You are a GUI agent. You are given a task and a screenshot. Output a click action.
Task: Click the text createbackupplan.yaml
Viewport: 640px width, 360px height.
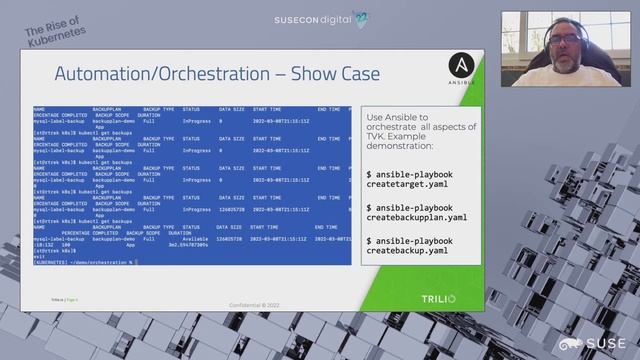tap(417, 217)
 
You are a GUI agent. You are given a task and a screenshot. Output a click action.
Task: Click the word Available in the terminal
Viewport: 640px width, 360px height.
tap(196, 240)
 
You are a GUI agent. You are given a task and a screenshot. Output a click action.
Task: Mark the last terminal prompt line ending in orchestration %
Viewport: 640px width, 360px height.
tap(84, 261)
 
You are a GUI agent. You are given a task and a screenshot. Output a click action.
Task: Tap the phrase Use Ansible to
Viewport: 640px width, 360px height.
tap(396, 119)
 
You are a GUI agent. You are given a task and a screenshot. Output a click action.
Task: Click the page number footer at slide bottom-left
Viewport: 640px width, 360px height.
tap(65, 299)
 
